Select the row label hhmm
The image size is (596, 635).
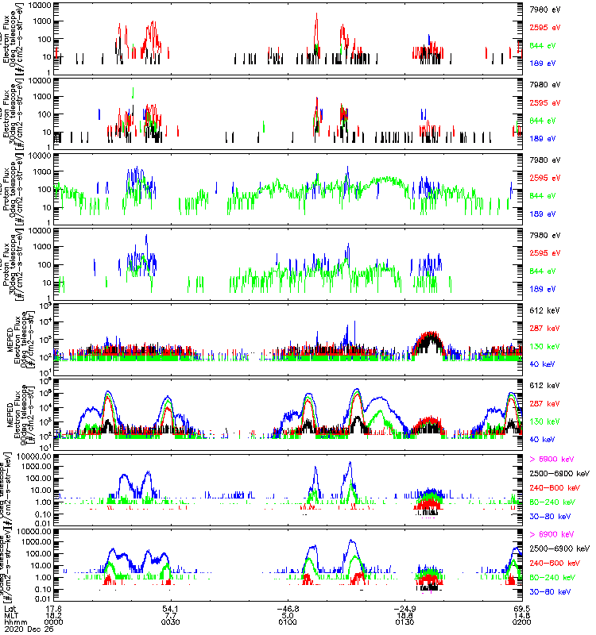click(14, 622)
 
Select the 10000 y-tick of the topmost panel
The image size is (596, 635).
click(40, 5)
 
